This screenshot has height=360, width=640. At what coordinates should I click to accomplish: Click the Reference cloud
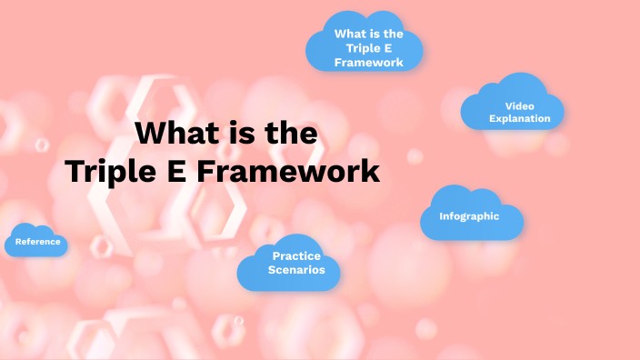36,241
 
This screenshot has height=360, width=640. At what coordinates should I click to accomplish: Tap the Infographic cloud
471,216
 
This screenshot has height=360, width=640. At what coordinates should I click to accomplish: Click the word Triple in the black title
117,171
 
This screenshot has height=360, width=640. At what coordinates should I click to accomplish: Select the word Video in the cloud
519,105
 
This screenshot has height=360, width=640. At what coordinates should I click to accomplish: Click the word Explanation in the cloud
519,118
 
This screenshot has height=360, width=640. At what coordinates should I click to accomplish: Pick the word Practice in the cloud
296,255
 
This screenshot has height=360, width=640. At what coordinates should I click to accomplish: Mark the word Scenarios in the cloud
296,270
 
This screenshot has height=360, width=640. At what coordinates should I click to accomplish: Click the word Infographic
469,216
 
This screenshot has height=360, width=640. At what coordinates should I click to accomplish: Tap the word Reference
37,242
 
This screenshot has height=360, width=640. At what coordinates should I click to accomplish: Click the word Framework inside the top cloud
368,63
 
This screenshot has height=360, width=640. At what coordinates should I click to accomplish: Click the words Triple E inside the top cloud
368,48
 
